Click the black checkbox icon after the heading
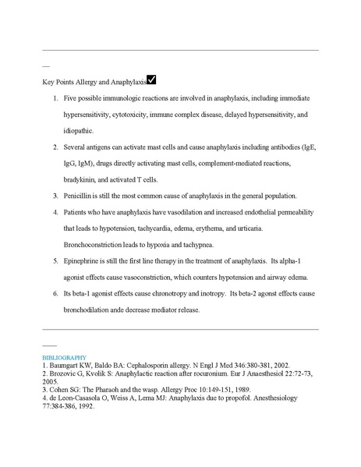(x=151, y=80)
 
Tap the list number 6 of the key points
(x=55, y=294)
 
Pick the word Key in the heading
(x=48, y=82)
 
